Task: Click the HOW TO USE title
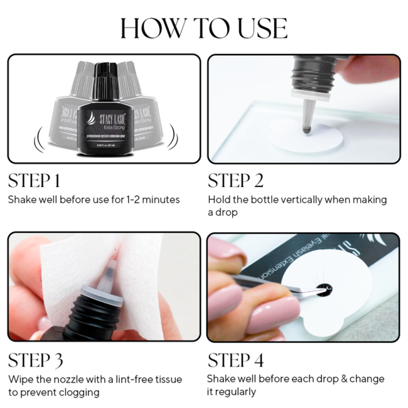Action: (204, 28)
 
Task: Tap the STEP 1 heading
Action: (34, 181)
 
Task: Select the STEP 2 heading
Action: (235, 181)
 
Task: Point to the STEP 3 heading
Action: (35, 360)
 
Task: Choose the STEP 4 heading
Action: (235, 360)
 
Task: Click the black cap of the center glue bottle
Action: (104, 74)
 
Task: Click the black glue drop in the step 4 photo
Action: (323, 289)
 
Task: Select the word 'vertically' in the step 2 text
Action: (302, 200)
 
